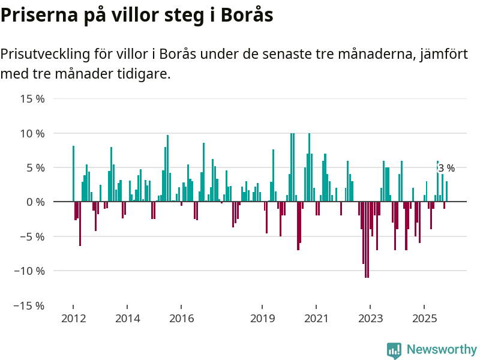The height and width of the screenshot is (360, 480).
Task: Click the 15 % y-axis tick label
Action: click(x=32, y=98)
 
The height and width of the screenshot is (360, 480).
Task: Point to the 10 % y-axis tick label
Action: click(x=32, y=133)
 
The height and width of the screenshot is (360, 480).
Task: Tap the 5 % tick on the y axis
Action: click(x=35, y=167)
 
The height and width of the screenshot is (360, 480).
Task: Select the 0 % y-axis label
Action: click(x=35, y=202)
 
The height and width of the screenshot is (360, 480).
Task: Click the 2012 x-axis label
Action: click(x=73, y=319)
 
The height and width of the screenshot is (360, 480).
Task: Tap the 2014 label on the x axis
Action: click(x=128, y=319)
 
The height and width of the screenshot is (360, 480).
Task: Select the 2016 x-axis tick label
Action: click(x=182, y=319)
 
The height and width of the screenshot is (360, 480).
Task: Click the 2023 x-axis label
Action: click(x=370, y=319)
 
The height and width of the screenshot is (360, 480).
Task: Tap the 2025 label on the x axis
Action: click(x=424, y=319)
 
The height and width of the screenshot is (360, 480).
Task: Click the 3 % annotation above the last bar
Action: click(x=446, y=169)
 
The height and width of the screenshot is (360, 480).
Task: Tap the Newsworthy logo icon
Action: click(x=394, y=350)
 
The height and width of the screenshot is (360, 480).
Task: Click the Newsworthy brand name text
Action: click(x=442, y=349)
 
